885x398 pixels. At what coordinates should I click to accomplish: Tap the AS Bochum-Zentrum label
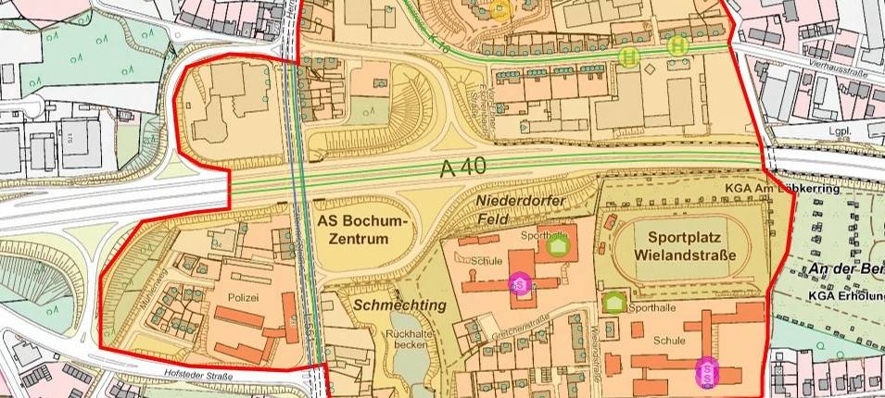coord(362,229)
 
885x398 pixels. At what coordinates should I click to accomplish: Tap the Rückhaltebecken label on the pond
coord(409,339)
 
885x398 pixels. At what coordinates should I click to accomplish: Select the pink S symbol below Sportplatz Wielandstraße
coord(707,372)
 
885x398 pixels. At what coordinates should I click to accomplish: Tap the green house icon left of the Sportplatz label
coord(557,245)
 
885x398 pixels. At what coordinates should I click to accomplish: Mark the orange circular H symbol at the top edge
coord(501,9)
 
